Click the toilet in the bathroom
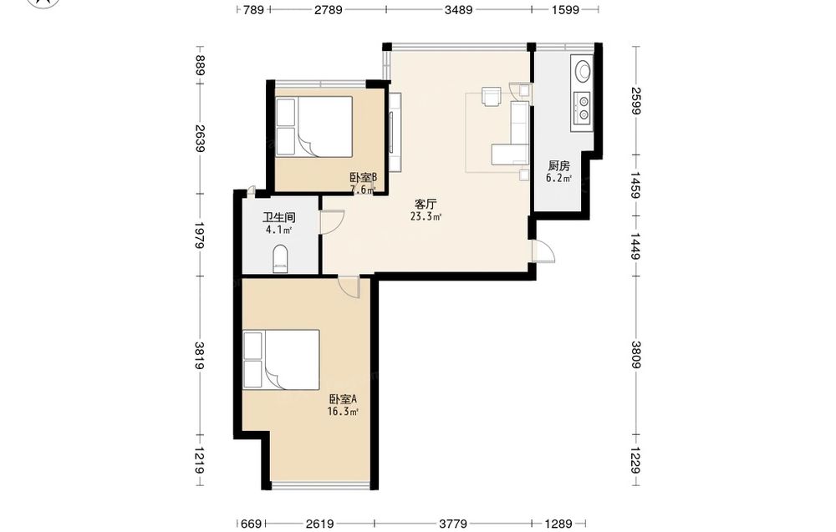[280, 259]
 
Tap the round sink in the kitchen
[582, 70]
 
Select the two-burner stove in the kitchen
[582, 107]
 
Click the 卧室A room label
[342, 399]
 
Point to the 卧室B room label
[364, 177]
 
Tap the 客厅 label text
[426, 204]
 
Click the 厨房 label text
[558, 165]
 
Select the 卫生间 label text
[279, 217]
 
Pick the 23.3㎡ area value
[426, 217]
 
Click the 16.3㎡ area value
[343, 412]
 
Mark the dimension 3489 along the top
[458, 9]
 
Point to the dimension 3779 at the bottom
[453, 524]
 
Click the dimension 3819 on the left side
[200, 356]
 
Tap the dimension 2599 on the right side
[636, 100]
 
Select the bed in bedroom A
[281, 359]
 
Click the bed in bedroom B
[314, 126]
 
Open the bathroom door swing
[332, 222]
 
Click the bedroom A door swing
[349, 287]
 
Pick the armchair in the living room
[491, 96]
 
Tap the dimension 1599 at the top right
[565, 9]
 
